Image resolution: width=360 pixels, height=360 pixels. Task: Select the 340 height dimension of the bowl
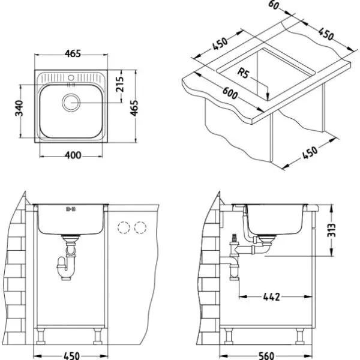(x=20, y=109)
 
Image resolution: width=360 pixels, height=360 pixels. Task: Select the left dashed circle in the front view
(x=125, y=228)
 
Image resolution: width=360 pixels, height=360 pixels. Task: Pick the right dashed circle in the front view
(x=141, y=228)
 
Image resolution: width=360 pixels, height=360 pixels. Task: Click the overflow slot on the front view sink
(x=70, y=209)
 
